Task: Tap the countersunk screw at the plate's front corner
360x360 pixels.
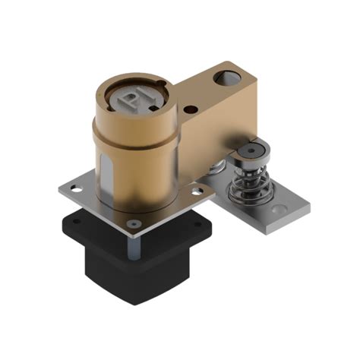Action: point(134,223)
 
